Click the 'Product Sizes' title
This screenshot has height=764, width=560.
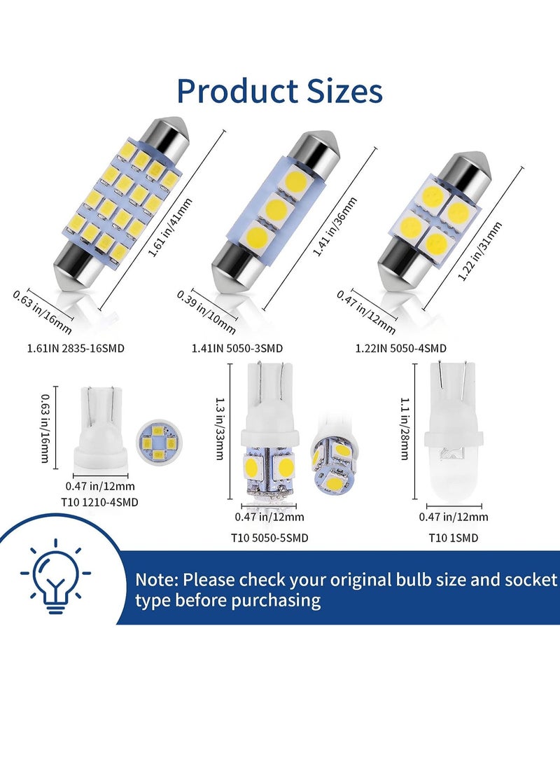(x=280, y=91)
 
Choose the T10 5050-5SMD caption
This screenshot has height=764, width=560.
(x=269, y=538)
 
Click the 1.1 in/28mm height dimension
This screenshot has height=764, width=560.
(x=404, y=429)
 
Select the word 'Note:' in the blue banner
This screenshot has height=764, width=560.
(x=156, y=581)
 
